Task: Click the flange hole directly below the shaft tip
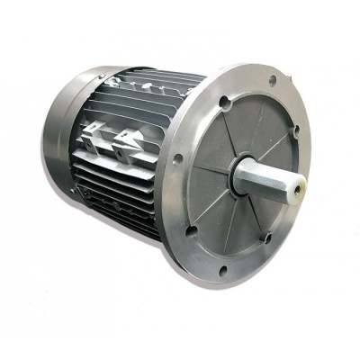click(266, 238)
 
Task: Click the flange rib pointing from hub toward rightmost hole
click(270, 149)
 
